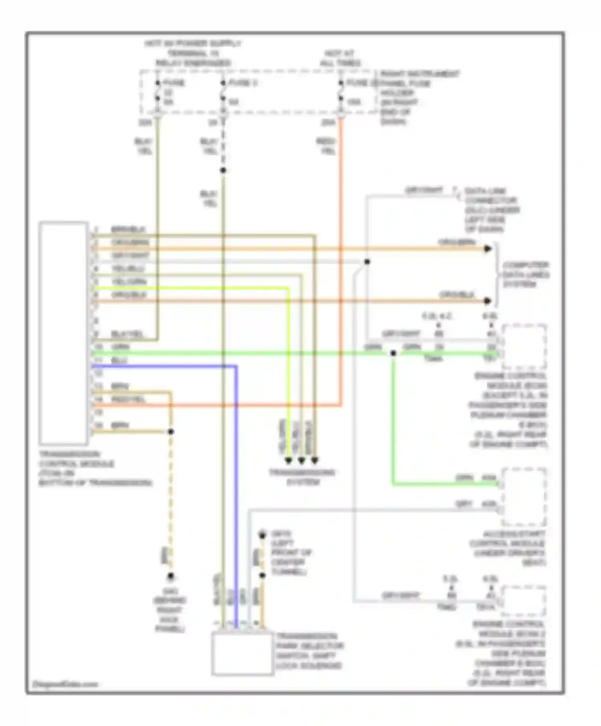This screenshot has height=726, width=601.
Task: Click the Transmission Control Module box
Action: [x=63, y=333]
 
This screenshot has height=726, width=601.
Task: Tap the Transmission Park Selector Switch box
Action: [x=242, y=654]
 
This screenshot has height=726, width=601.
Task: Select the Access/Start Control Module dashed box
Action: [x=524, y=497]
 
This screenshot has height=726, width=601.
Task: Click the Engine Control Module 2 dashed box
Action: [x=524, y=601]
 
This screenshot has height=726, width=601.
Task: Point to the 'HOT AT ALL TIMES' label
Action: [x=340, y=58]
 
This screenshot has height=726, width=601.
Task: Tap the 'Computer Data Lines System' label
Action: [x=525, y=275]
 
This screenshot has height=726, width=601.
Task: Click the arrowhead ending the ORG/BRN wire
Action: [x=488, y=249]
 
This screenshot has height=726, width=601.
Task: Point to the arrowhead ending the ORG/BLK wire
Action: [x=488, y=301]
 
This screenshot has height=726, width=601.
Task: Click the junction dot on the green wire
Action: [x=393, y=353]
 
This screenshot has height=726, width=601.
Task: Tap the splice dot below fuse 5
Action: [x=223, y=170]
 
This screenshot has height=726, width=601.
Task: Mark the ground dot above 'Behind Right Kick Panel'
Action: [x=171, y=576]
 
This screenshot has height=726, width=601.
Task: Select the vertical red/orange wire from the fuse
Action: [x=341, y=260]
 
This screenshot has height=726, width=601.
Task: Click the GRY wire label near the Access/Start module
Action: [x=464, y=504]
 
